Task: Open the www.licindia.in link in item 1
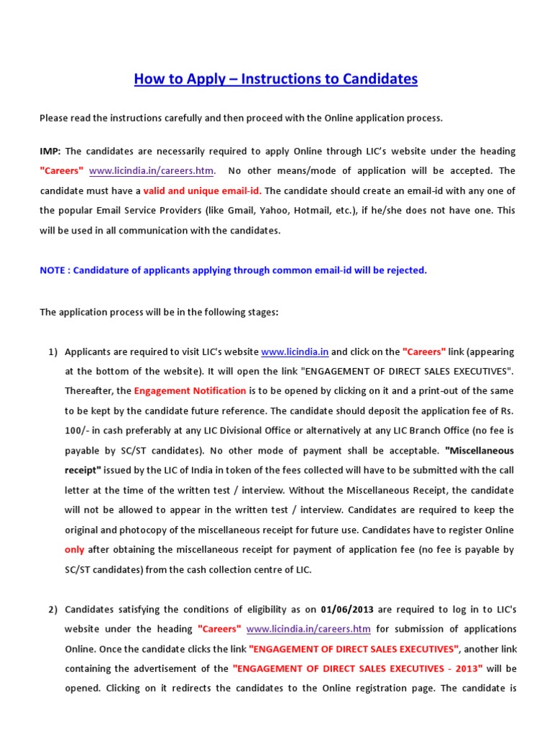point(295,352)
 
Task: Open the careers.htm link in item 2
point(308,629)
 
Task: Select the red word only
point(75,550)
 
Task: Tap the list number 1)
point(52,352)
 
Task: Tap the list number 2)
point(52,609)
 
